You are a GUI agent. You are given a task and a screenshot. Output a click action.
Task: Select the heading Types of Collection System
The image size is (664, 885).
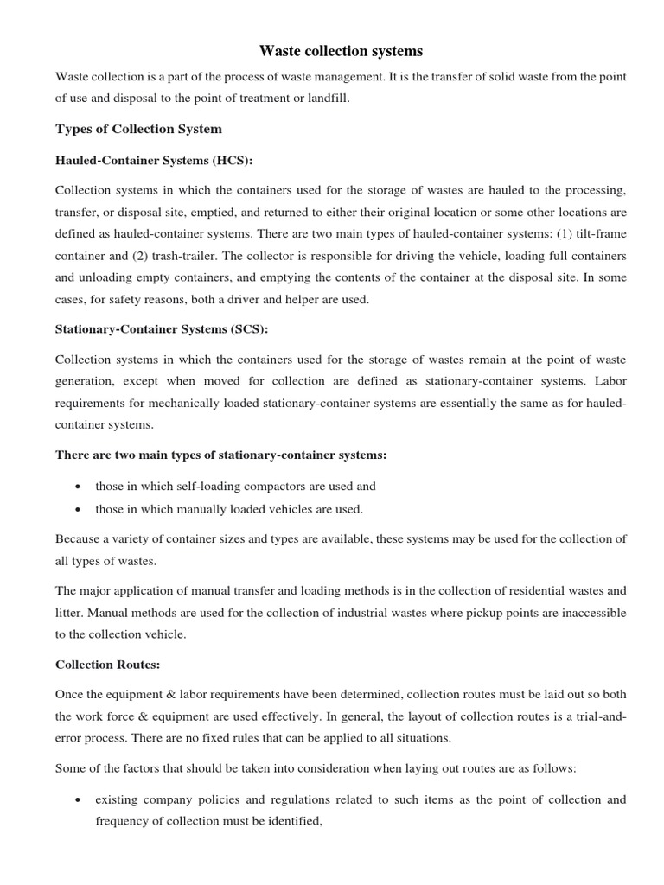click(138, 129)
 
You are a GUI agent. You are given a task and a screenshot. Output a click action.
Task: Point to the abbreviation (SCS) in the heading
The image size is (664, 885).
click(245, 329)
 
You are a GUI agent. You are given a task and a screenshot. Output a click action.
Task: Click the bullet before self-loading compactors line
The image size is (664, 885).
click(79, 487)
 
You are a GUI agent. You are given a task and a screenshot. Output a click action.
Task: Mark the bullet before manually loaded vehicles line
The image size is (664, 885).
click(79, 509)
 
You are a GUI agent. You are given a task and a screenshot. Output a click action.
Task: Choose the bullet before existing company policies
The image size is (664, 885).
click(79, 800)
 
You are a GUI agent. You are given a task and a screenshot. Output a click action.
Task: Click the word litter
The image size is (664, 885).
click(70, 612)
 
